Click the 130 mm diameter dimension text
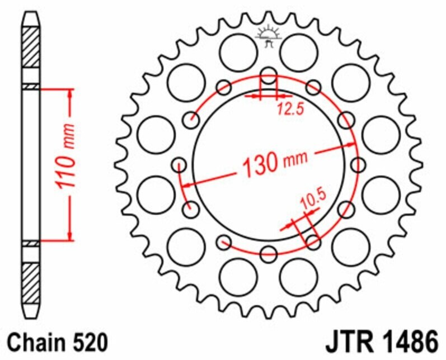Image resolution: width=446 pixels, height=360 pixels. tap(274, 162)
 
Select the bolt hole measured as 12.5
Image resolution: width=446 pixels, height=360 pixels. tap(269, 79)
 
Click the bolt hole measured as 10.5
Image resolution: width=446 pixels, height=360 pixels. tap(313, 242)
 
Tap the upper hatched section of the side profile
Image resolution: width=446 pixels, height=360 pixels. tap(31, 48)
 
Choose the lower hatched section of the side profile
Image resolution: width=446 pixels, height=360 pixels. tap(31, 282)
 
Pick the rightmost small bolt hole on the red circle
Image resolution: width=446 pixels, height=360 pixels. tap(359, 165)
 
